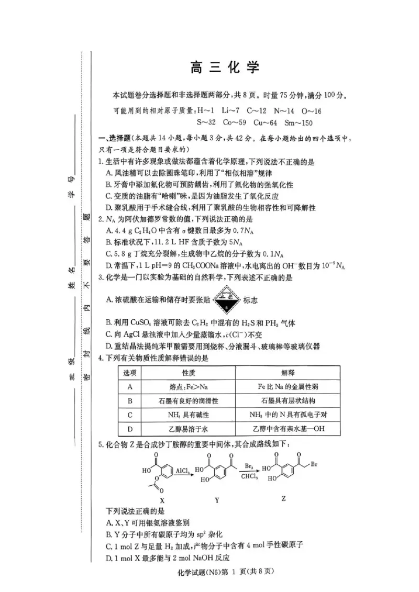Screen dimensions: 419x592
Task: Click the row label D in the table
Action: coord(129,428)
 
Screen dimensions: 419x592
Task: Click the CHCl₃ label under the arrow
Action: coord(249,476)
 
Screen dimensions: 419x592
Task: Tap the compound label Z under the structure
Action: coord(283,498)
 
